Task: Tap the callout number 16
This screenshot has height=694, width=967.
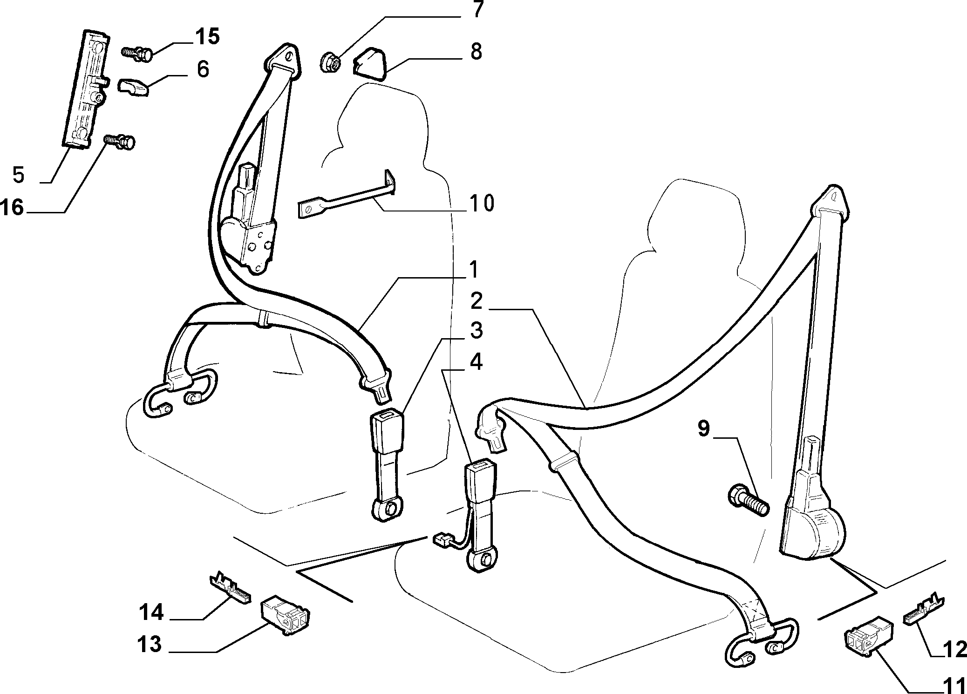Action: click(x=12, y=207)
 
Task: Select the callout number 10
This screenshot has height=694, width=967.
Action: click(x=482, y=204)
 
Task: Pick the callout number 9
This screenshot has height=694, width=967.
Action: click(x=703, y=429)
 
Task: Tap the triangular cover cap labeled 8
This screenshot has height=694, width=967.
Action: click(x=370, y=63)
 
